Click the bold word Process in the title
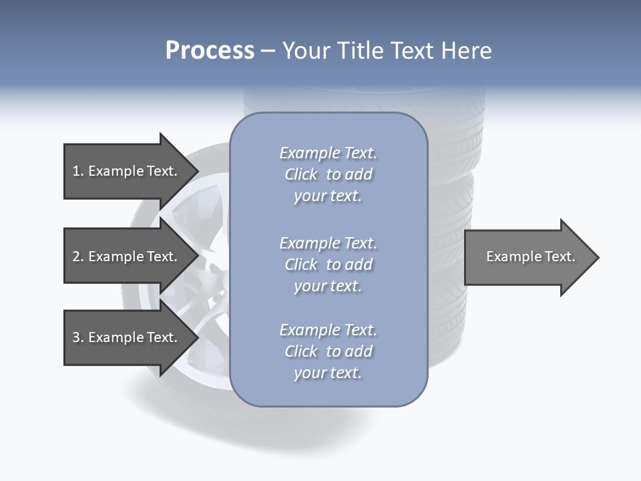click(210, 51)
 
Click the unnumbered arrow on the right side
click(527, 257)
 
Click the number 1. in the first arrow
click(78, 171)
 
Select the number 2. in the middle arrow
click(78, 257)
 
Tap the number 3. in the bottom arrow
click(78, 337)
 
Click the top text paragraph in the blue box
click(328, 174)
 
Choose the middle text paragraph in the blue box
click(328, 265)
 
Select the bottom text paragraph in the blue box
click(328, 351)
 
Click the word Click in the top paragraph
click(301, 174)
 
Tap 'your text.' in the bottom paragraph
click(328, 373)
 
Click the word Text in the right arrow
click(560, 257)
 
